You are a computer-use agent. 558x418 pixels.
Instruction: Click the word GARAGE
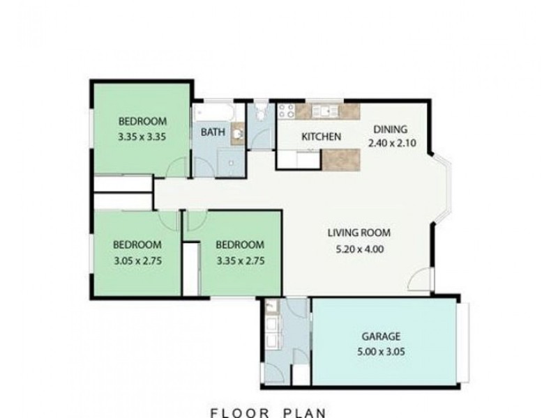point(381,335)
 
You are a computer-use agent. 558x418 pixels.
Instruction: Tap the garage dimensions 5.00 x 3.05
point(381,351)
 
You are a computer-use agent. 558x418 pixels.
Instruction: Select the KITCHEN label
point(320,137)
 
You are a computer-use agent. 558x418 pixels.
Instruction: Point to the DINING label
point(389,129)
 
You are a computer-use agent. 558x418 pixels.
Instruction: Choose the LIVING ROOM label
point(360,233)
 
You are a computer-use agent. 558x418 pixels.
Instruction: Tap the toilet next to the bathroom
point(260,113)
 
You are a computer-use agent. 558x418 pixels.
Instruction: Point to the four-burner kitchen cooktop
point(285,111)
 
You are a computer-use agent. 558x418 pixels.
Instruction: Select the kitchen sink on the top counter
point(324,110)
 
